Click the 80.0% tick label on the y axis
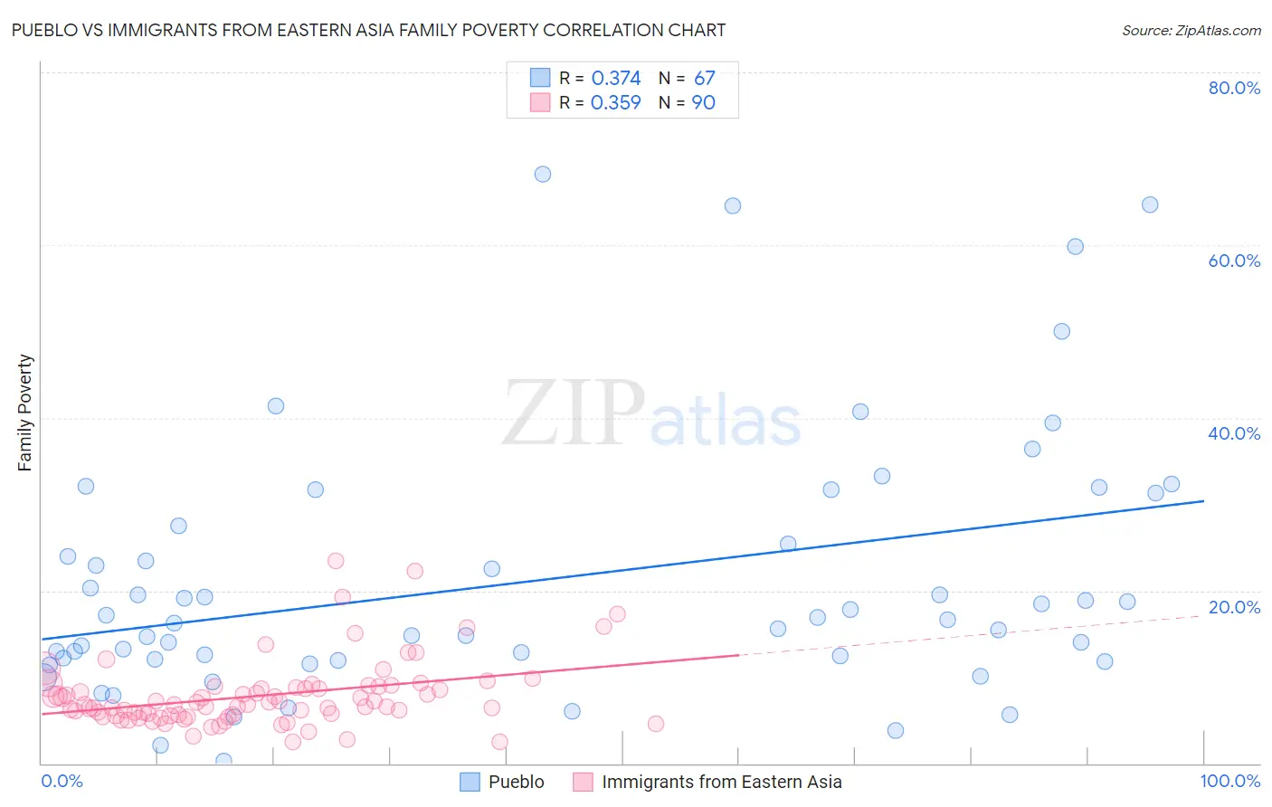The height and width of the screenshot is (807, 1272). (1234, 88)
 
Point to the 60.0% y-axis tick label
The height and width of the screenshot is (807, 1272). (1234, 261)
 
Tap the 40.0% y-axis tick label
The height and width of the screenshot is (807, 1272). (1234, 433)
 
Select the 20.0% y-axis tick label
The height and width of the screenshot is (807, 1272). (1234, 607)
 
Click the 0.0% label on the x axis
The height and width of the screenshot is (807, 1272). (62, 781)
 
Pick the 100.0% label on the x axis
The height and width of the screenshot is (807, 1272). (1229, 781)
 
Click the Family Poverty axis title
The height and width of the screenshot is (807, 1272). (25, 413)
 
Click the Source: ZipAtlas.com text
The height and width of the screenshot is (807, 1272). (1191, 30)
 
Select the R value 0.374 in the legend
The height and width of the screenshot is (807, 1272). (615, 79)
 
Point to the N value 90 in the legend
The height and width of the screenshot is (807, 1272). (703, 103)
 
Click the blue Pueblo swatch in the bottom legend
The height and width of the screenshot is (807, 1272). (470, 782)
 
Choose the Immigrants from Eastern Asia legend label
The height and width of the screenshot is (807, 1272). (721, 782)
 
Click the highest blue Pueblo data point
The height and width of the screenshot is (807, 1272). (543, 174)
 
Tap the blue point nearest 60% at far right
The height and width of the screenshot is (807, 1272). (1075, 246)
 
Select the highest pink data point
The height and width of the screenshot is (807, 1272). (336, 561)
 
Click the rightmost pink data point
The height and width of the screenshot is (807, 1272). (656, 724)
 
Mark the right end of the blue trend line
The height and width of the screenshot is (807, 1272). (1203, 500)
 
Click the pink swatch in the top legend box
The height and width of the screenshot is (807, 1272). (540, 103)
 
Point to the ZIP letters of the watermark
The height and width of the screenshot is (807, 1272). (574, 413)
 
